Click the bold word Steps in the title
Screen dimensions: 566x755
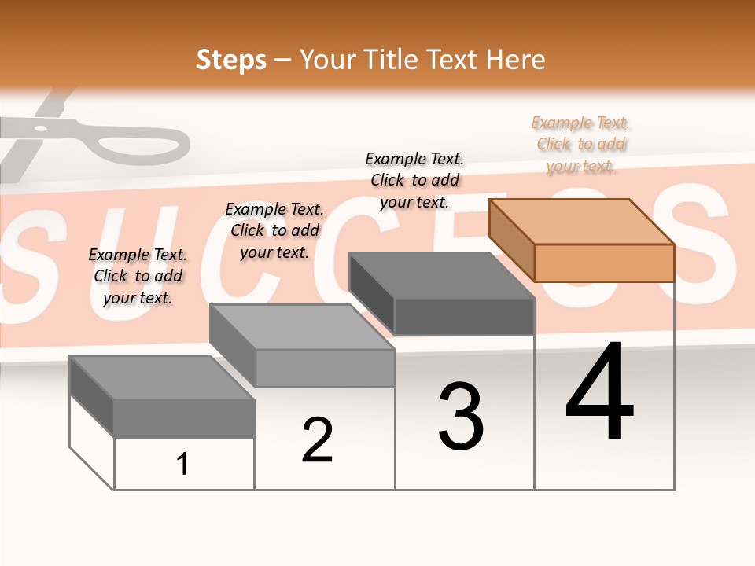click(231, 60)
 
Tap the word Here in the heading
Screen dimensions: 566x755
click(515, 60)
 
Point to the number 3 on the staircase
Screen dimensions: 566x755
click(461, 417)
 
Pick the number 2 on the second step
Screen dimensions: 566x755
click(317, 440)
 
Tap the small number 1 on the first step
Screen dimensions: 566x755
click(182, 464)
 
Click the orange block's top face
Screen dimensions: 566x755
click(580, 221)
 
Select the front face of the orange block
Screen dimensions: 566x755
click(604, 263)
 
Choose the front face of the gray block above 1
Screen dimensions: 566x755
click(184, 418)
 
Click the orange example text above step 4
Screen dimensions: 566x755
click(580, 145)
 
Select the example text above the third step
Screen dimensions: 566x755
click(415, 181)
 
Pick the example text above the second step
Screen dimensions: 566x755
click(274, 230)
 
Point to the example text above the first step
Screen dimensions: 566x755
click(138, 276)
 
